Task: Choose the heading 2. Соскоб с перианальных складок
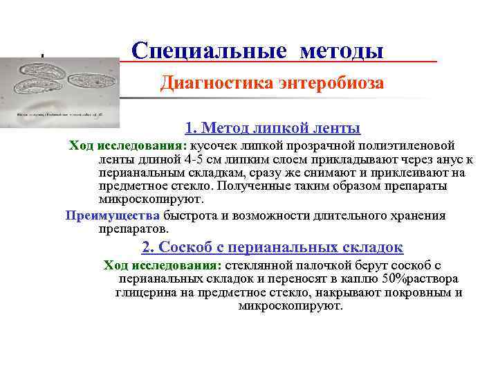(x=273, y=247)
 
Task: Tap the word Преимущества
(x=112, y=215)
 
